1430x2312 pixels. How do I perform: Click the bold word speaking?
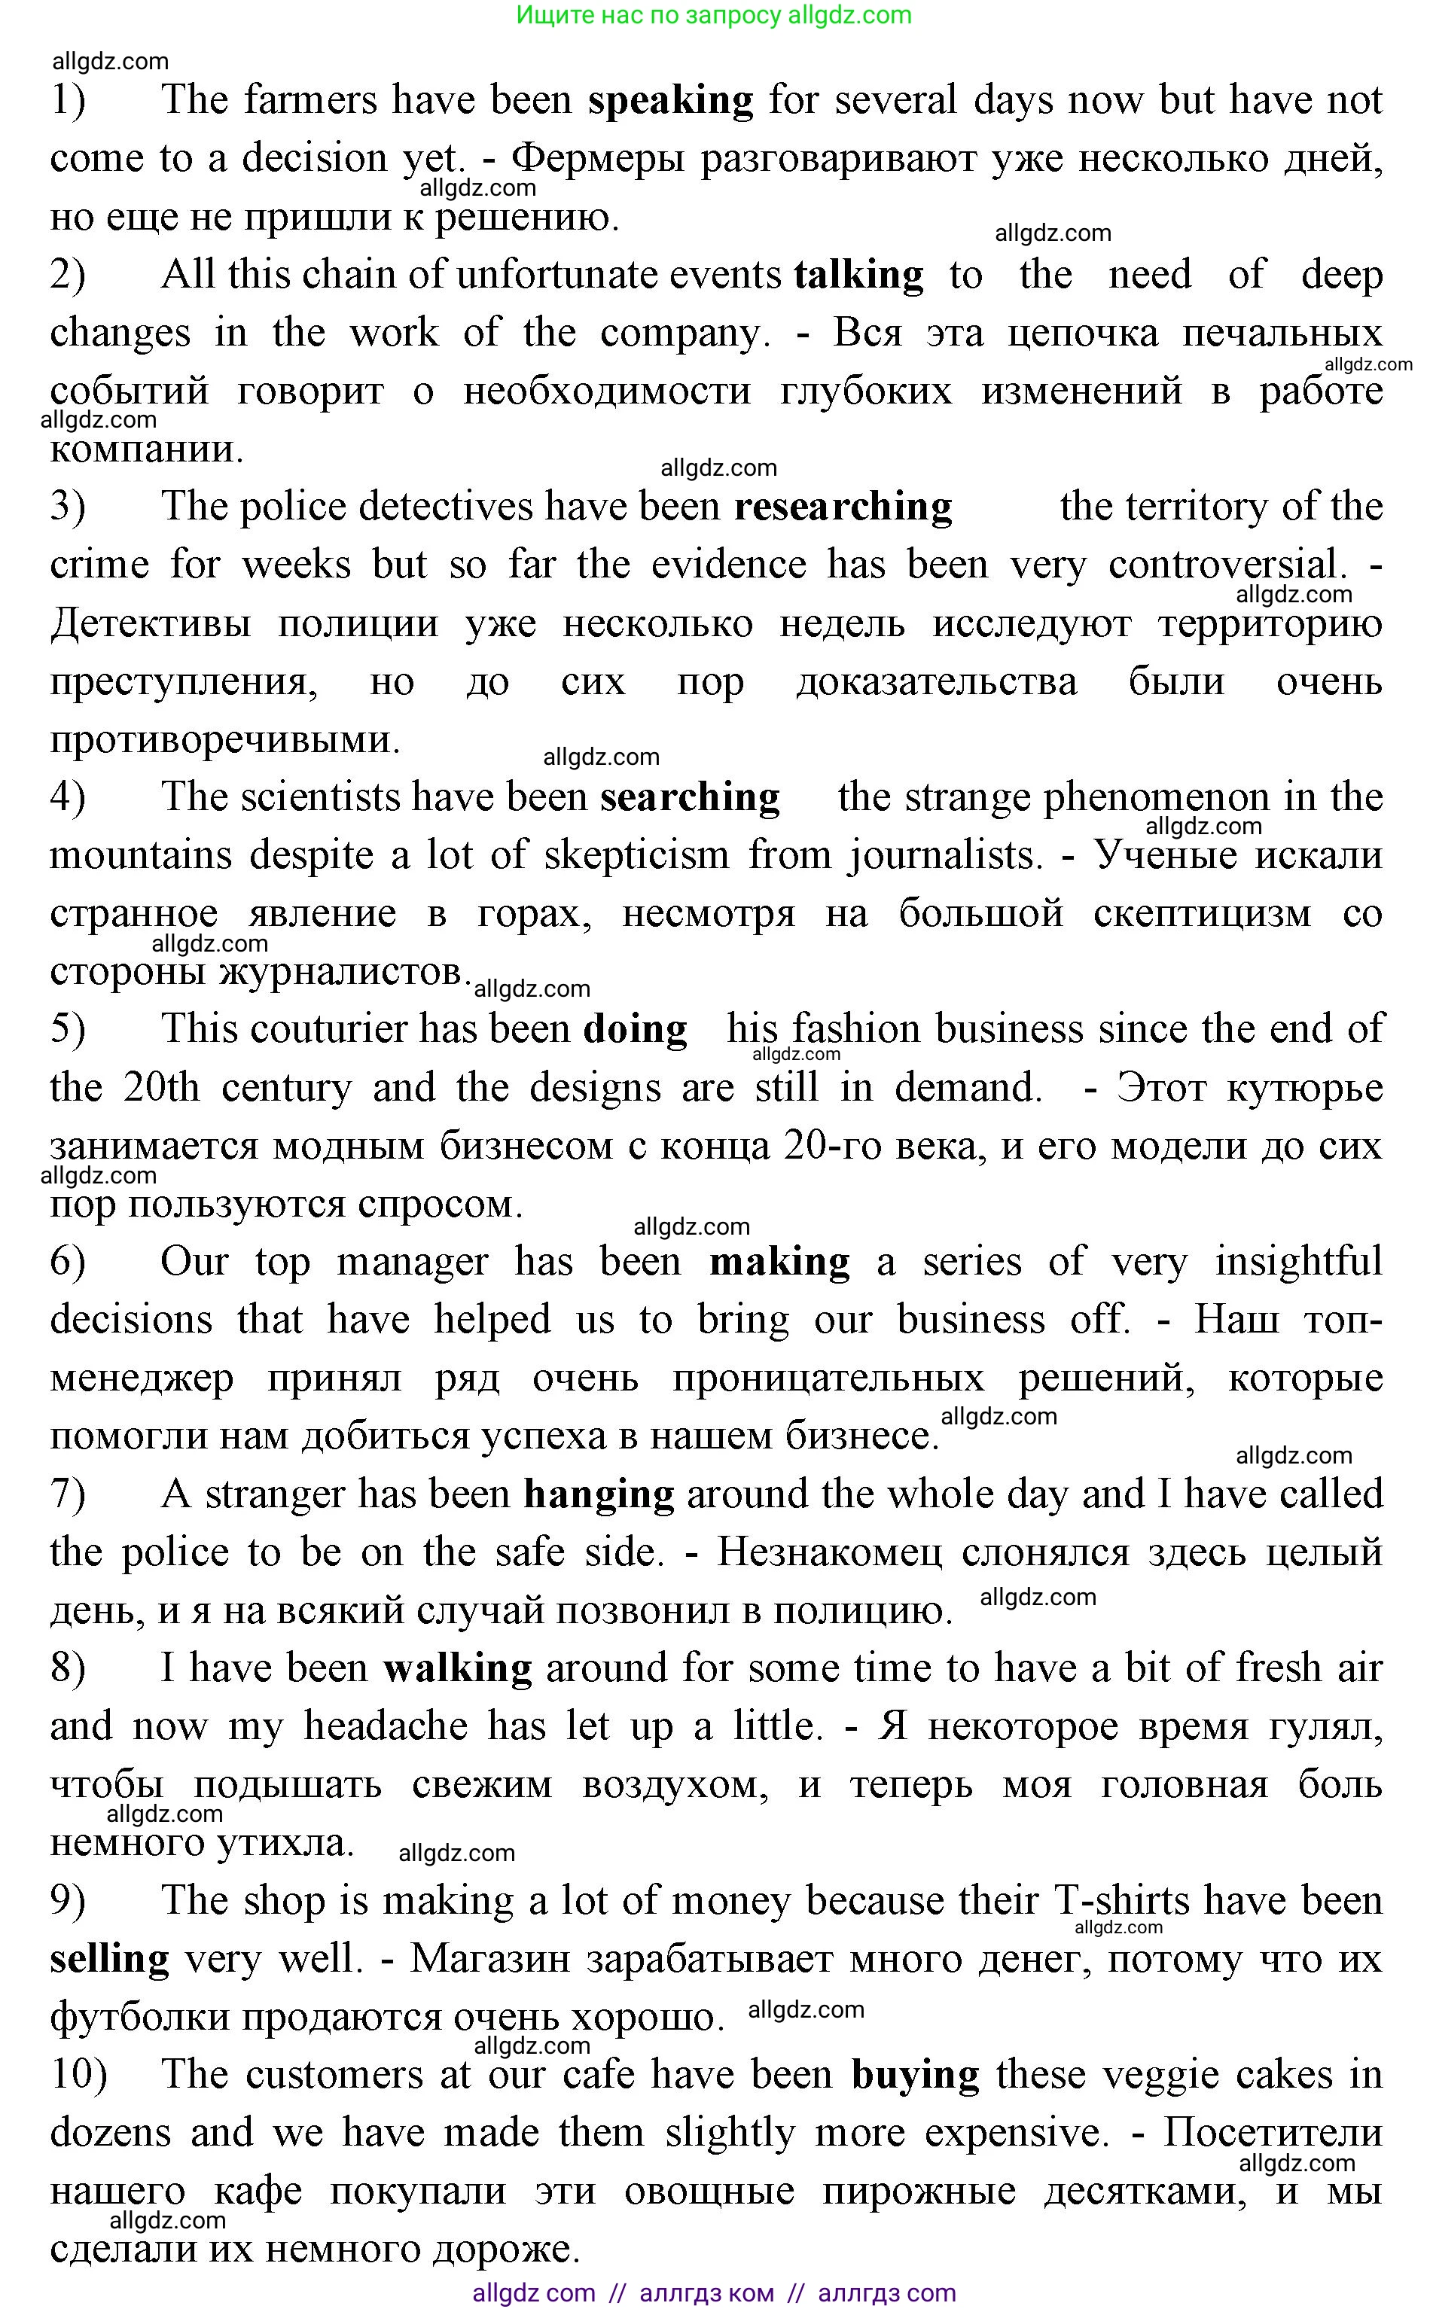click(669, 100)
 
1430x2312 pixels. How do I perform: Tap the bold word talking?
click(858, 276)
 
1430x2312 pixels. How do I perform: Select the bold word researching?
click(843, 507)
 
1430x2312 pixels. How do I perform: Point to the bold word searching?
click(690, 797)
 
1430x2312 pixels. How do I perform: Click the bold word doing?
click(635, 1030)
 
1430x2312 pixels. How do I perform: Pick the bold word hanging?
click(599, 1494)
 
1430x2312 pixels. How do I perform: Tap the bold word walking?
click(458, 1668)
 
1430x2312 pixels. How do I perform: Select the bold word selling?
click(110, 1958)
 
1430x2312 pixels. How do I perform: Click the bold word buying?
click(915, 2075)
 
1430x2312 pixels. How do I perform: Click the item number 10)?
click(78, 2075)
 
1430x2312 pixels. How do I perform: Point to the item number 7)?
click(67, 1494)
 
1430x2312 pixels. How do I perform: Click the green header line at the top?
click(714, 15)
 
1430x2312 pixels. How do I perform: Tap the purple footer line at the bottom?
click(714, 2292)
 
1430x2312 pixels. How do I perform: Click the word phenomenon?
click(1156, 797)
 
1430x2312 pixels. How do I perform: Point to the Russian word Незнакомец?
click(829, 1552)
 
